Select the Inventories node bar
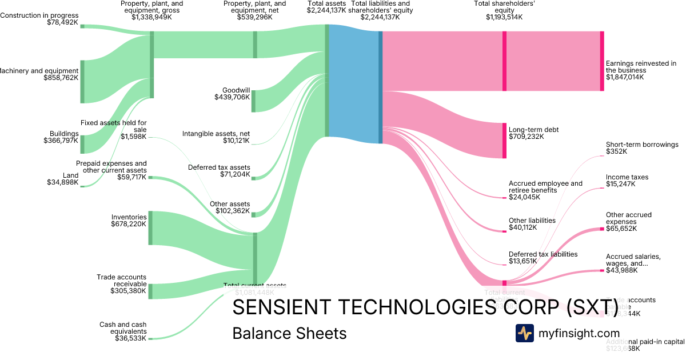(150, 228)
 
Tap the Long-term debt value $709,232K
(526, 137)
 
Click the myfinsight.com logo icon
(524, 333)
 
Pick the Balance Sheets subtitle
(289, 333)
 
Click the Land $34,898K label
(63, 179)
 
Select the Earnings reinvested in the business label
(641, 66)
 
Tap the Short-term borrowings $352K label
(642, 148)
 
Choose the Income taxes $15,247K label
(627, 181)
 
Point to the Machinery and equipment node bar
(82, 81)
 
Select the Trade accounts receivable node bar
(150, 291)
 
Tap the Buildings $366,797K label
(64, 137)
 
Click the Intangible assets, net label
(216, 137)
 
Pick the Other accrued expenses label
(629, 218)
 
